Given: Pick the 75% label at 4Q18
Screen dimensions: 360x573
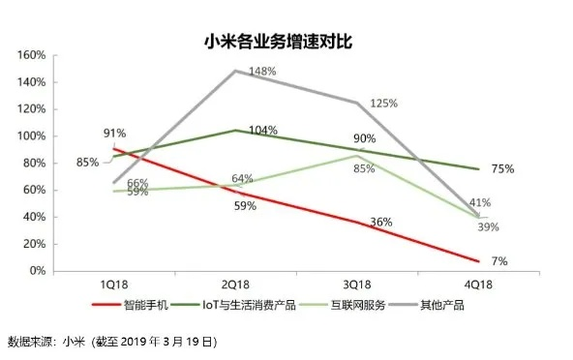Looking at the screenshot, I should [501, 168].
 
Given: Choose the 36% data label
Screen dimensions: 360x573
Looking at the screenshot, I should [380, 223].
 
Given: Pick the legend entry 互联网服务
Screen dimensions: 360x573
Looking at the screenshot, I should [364, 305].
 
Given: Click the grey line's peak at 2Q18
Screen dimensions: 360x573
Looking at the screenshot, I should [235, 71].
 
